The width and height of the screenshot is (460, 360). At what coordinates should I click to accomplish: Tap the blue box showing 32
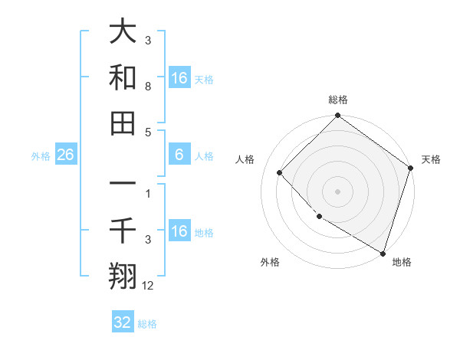123,322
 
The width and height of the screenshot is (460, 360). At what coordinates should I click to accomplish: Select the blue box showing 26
65,155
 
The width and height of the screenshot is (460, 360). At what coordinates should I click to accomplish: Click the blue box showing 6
179,155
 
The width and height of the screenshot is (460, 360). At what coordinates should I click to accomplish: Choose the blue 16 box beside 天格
179,77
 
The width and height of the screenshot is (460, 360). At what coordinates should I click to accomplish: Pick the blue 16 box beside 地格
179,232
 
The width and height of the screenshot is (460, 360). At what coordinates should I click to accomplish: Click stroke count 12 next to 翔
149,286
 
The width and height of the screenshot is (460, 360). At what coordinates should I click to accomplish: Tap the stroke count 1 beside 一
148,193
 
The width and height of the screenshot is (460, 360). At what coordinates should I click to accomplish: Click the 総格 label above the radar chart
338,100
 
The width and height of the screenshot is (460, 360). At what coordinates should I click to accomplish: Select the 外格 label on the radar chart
269,262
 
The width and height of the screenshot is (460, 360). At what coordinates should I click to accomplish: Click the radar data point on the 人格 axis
280,173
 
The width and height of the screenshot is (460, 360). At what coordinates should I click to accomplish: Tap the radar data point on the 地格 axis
382,252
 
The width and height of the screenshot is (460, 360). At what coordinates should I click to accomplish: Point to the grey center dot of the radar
338,191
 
